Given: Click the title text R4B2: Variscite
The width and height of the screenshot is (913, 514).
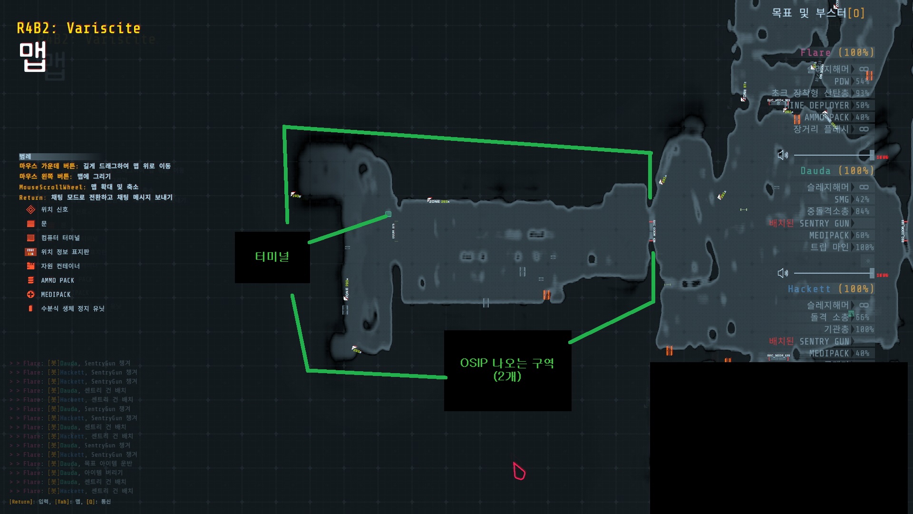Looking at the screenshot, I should (x=78, y=29).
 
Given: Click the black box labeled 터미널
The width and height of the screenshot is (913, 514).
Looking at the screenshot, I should (x=272, y=257).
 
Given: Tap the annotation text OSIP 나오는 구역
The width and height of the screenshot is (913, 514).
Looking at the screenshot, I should (x=507, y=363).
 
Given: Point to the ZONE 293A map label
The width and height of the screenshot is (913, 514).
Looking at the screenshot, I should (x=438, y=201).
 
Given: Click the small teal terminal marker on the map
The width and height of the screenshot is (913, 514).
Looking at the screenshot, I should (x=388, y=214).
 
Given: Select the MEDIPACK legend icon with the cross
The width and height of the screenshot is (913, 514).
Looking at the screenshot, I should (x=31, y=295).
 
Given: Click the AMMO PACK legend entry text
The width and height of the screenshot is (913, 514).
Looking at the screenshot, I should (x=58, y=280).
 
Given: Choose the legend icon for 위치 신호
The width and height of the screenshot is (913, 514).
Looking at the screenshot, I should (x=31, y=209).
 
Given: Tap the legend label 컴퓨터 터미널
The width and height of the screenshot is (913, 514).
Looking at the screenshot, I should (x=60, y=237).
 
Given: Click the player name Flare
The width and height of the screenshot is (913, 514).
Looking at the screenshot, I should (x=816, y=52).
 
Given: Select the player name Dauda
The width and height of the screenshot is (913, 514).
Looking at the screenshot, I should (x=816, y=170).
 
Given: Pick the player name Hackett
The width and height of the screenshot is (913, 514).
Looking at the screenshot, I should (x=809, y=288).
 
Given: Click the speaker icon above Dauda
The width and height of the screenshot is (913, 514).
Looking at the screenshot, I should (x=782, y=155).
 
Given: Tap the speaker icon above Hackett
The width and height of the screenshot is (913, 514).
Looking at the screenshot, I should (x=782, y=273).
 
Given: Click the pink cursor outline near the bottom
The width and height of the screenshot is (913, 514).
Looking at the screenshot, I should (x=519, y=471).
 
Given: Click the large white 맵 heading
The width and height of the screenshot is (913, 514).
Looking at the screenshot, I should (x=32, y=57).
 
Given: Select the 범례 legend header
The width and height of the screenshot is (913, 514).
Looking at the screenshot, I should (x=25, y=157).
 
